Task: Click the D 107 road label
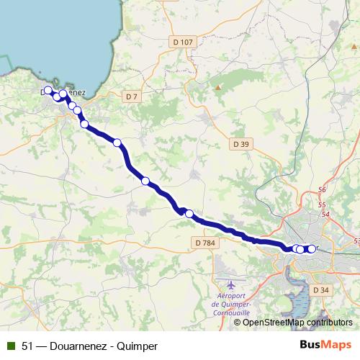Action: click(x=184, y=42)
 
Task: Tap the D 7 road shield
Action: click(x=131, y=96)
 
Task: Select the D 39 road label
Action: click(x=241, y=144)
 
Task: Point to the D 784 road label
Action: click(x=204, y=243)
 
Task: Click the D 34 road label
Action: click(x=321, y=290)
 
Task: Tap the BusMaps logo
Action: click(x=325, y=346)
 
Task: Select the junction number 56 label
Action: click(x=322, y=189)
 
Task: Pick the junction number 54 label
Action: click(x=326, y=214)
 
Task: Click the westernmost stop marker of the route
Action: click(x=48, y=91)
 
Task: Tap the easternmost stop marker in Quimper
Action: click(x=312, y=249)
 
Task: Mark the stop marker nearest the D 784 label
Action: click(x=189, y=213)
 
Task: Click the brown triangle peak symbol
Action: click(x=217, y=88)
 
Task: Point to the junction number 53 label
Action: click(x=356, y=241)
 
